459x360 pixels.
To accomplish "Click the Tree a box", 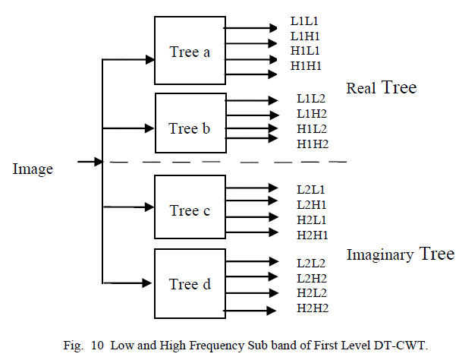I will tap(190, 51).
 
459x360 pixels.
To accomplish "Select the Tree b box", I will tap(190, 128).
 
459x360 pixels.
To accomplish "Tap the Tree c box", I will tap(190, 210).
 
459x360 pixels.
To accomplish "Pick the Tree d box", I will tap(190, 284).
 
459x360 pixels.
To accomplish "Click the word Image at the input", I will tap(33, 169).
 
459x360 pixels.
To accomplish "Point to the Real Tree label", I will tap(381, 88).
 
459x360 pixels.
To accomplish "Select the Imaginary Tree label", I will tap(400, 254).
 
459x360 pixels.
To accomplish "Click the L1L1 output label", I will tap(306, 22).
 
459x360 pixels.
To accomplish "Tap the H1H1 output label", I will tap(307, 65).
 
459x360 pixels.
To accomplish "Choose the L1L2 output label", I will tap(312, 99).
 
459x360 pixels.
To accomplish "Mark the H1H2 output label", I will tap(313, 144).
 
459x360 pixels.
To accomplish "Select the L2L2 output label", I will tap(312, 264).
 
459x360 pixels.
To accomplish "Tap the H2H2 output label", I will tap(313, 308).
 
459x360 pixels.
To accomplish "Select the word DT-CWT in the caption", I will tap(403, 345).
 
